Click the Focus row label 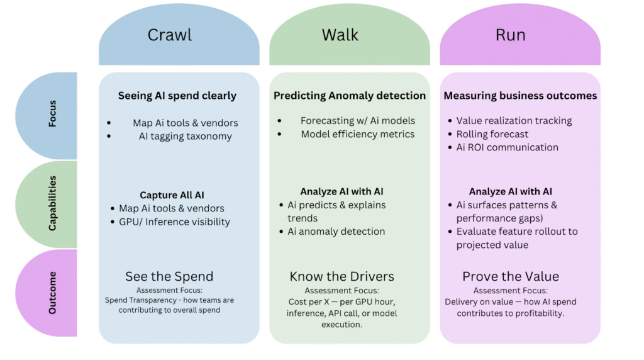tap(52, 114)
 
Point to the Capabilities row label tap(52, 203)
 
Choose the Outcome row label tap(52, 293)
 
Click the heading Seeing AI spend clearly tap(177, 96)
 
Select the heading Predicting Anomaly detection tap(350, 96)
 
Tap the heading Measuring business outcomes tap(520, 96)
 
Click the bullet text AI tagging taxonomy tap(185, 136)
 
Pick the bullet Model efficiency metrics tap(357, 134)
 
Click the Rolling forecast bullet tap(492, 134)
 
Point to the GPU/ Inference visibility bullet tap(174, 222)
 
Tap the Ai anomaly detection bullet tap(336, 232)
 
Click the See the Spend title tap(169, 276)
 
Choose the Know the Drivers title tap(341, 276)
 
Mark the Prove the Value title tap(510, 276)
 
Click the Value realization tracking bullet tap(514, 121)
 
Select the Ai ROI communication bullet tap(507, 147)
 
